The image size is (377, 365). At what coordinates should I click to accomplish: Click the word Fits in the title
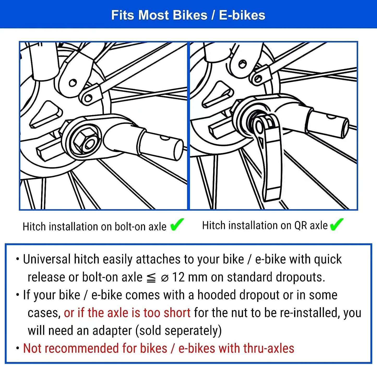pyautogui.click(x=123, y=15)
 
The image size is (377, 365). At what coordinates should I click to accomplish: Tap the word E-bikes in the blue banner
pyautogui.click(x=242, y=15)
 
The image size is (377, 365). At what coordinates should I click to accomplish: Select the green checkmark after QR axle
pyautogui.click(x=337, y=224)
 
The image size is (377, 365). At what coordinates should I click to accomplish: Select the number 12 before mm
pyautogui.click(x=178, y=277)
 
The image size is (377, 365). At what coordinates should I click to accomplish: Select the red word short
pyautogui.click(x=177, y=313)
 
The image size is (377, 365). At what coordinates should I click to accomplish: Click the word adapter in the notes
pyautogui.click(x=112, y=331)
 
